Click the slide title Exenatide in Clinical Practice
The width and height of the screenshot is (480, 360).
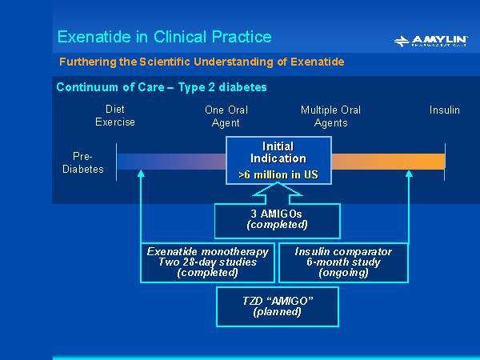[x=165, y=37]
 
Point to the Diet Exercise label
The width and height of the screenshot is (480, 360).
[x=115, y=116]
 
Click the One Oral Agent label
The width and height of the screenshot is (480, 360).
[x=226, y=116]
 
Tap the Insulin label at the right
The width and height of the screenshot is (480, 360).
[x=444, y=110]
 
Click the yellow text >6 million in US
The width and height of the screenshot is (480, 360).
[x=278, y=174]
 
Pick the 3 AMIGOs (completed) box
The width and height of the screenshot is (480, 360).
[x=278, y=218]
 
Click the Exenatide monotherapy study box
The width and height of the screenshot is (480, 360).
[x=207, y=262]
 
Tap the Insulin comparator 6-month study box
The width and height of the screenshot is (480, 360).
[x=343, y=262]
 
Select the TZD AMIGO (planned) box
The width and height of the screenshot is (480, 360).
[x=277, y=306]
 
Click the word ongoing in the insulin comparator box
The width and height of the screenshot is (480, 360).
[x=343, y=273]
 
